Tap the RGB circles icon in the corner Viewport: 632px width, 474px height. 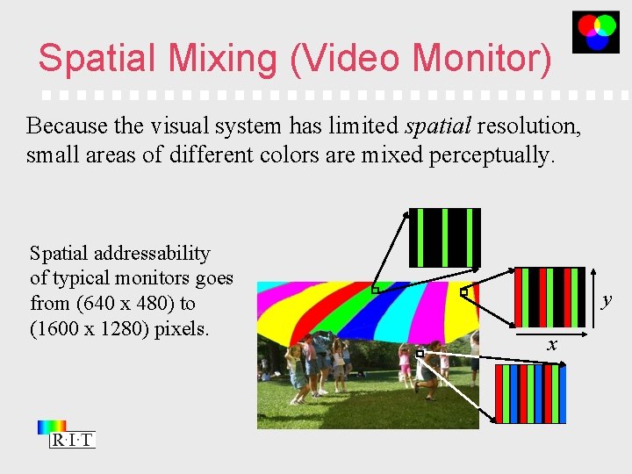596,32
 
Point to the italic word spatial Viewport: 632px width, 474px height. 439,126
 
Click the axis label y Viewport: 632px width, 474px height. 606,301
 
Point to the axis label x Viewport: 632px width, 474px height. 551,344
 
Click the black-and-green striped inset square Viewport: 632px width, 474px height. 445,237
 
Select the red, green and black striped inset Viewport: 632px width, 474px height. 549,296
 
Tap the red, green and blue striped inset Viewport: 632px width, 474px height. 530,393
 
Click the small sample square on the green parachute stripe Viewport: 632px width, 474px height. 374,290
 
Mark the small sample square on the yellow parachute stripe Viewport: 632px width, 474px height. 463,291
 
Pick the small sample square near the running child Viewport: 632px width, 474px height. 420,353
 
